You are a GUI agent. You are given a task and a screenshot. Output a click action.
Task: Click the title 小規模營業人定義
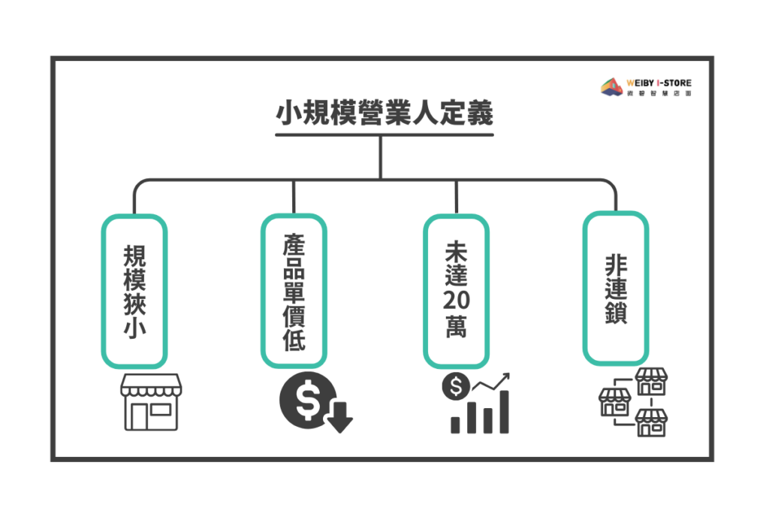384,114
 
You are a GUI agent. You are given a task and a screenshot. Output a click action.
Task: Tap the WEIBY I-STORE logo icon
612,86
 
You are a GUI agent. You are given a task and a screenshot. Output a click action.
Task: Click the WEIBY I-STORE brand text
658,82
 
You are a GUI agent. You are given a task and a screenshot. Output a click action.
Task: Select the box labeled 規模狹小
134,292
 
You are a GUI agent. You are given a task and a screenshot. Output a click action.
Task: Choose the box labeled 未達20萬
456,290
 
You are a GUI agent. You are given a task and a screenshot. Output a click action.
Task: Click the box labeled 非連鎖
616,289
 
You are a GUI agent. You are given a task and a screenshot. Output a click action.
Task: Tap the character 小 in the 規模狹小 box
134,328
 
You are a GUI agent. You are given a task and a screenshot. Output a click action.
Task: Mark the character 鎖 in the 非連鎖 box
616,312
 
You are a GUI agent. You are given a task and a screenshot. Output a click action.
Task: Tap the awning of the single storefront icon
151,385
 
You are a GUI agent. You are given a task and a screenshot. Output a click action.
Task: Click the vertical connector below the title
381,157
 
